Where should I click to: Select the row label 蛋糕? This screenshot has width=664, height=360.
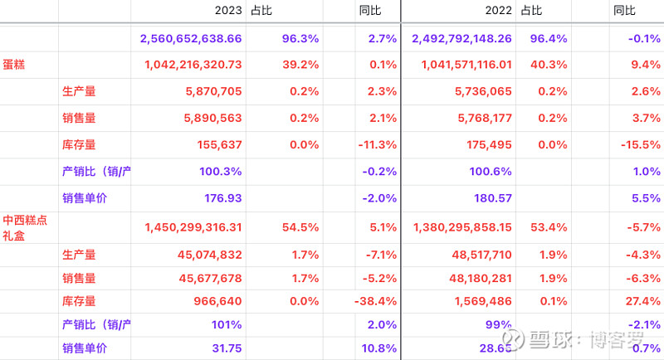[14, 64]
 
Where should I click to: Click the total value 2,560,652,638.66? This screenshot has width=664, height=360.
[191, 38]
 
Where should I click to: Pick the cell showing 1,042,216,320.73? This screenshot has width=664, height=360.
[193, 65]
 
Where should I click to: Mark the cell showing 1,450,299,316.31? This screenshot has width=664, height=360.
[193, 226]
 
